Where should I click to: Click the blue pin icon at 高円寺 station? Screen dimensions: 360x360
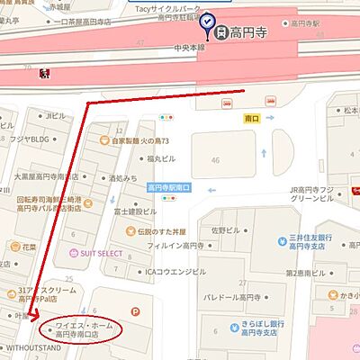click(x=209, y=20)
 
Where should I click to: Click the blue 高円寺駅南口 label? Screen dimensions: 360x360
click(x=169, y=188)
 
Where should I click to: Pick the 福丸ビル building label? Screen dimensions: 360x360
click(x=162, y=158)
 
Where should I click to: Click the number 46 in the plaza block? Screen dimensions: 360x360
click(x=213, y=159)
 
